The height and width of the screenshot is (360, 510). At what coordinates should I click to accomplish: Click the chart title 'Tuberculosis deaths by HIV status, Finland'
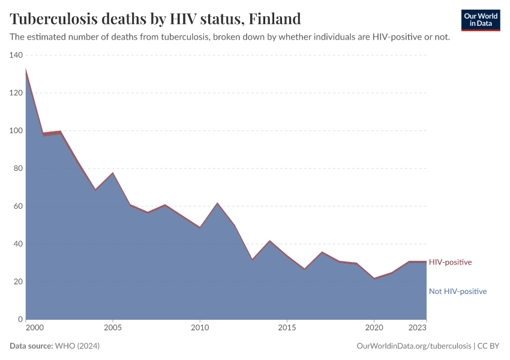(155, 19)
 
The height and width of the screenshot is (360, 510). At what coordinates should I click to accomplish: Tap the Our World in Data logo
(481, 20)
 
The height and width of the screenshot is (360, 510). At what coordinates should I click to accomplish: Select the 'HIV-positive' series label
(450, 262)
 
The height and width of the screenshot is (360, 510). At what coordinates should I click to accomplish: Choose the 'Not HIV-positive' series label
(457, 292)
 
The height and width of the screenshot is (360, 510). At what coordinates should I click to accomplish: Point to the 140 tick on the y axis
(16, 55)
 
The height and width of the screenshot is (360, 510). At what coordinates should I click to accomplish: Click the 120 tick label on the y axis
(16, 93)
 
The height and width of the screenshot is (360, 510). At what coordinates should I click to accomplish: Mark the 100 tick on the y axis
(16, 131)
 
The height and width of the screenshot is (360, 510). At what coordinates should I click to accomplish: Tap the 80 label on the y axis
(18, 169)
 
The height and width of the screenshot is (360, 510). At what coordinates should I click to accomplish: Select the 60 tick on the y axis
(18, 206)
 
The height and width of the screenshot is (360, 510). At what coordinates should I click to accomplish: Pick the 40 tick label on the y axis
(18, 244)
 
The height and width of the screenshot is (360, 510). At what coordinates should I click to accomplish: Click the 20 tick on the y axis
(18, 281)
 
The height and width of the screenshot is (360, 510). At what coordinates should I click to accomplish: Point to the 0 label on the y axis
(20, 319)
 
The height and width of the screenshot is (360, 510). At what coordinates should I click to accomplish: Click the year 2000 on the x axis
(34, 328)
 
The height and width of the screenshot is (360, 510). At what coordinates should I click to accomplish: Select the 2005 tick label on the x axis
(112, 328)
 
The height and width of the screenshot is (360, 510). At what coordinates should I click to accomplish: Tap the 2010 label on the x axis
(200, 328)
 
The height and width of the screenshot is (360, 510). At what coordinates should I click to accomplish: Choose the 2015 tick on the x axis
(287, 328)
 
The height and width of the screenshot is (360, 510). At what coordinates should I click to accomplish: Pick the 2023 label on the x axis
(418, 328)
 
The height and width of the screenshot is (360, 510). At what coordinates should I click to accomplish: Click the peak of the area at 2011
(217, 203)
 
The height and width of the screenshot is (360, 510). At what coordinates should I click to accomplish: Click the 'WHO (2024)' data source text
(77, 346)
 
